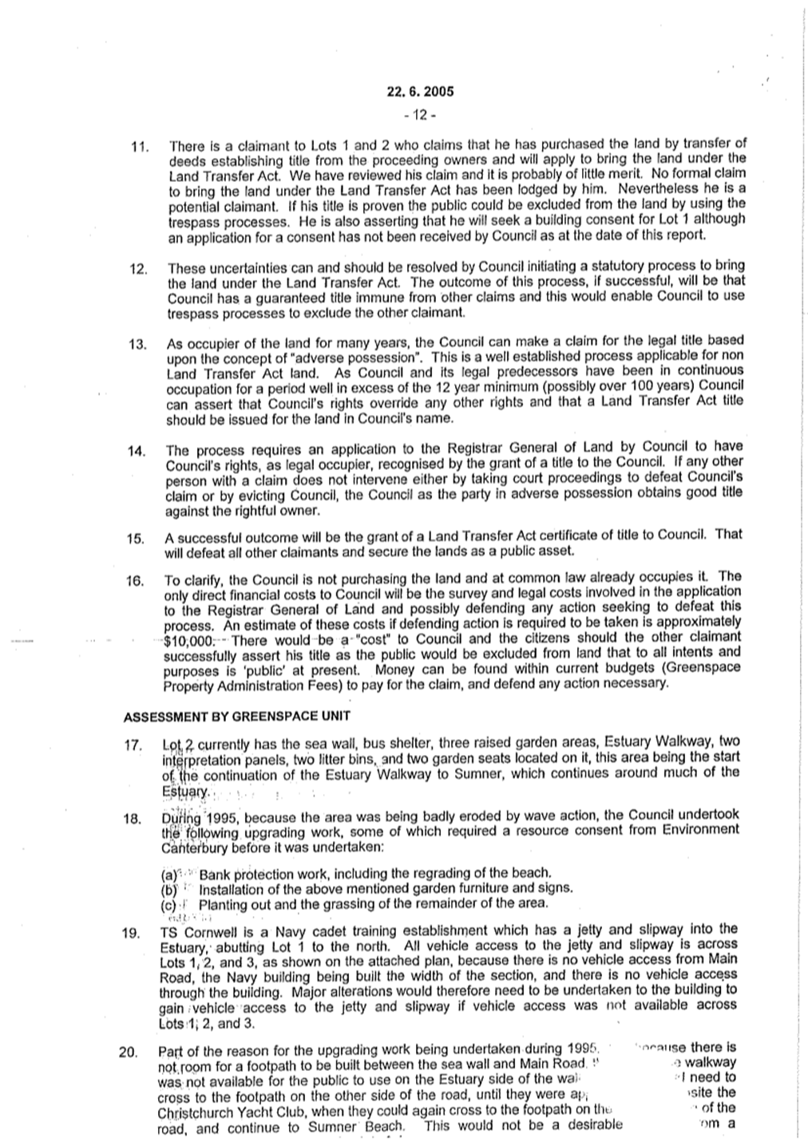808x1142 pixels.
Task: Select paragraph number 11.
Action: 141,148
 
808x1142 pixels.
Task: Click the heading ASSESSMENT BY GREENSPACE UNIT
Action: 237,715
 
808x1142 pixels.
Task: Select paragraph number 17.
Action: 133,746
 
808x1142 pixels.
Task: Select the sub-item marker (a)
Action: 168,874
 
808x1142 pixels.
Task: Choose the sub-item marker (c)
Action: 168,904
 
